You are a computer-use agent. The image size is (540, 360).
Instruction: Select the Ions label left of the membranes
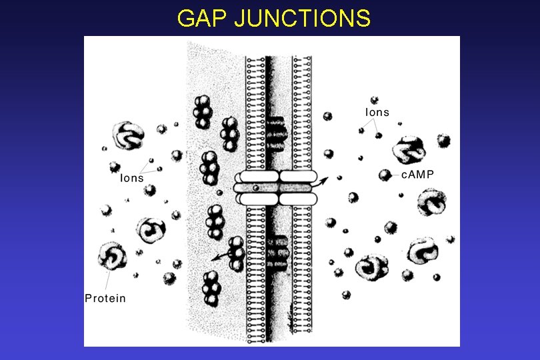click(131, 178)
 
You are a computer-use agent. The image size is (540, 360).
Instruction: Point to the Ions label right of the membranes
click(377, 112)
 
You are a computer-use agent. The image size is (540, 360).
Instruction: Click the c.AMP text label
click(417, 174)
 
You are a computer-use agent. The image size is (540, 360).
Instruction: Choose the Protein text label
click(105, 298)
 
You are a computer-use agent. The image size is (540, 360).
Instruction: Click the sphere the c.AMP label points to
click(385, 175)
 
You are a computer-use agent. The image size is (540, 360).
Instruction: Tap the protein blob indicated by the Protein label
click(111, 257)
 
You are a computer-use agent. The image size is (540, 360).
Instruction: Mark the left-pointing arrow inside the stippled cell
click(218, 257)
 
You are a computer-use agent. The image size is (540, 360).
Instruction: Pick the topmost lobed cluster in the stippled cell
click(203, 111)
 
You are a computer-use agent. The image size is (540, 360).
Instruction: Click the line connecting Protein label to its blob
click(110, 280)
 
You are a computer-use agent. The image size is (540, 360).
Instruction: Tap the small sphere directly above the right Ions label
click(374, 100)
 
